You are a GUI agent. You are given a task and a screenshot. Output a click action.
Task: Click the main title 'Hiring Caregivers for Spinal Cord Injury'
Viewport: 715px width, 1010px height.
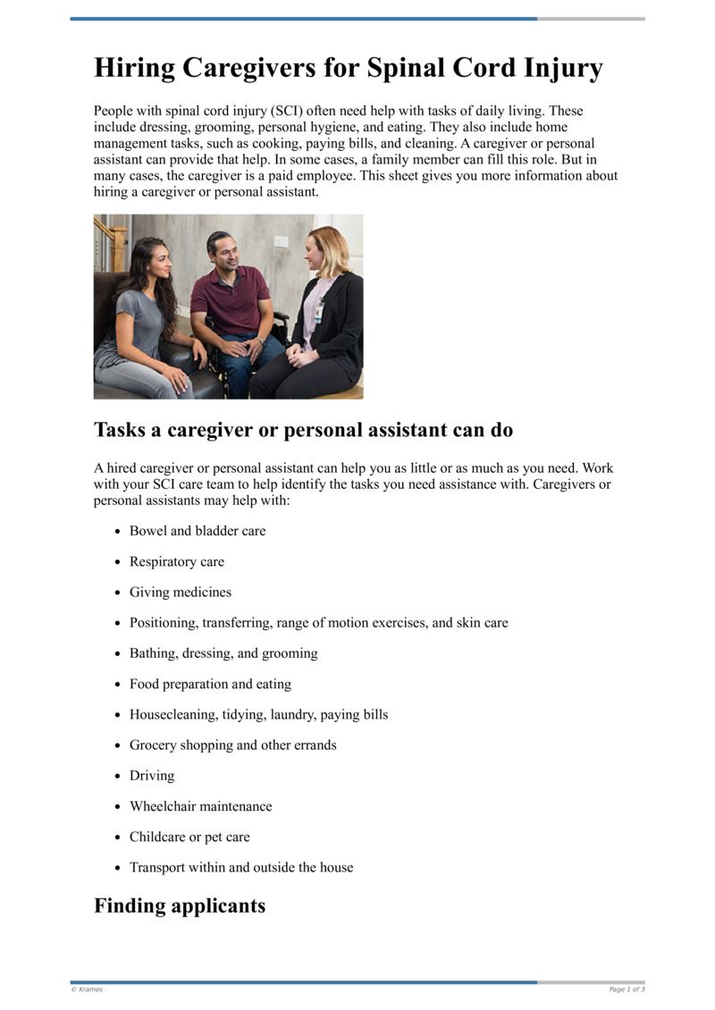[349, 69]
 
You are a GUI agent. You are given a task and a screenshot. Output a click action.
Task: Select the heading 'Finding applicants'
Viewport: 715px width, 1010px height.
[180, 905]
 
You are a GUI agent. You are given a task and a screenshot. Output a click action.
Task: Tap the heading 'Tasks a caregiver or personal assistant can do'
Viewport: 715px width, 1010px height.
[303, 430]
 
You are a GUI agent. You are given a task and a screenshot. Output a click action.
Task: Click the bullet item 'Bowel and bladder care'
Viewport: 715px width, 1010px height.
[198, 531]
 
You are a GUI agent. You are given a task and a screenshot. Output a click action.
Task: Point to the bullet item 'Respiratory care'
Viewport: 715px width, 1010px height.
[177, 561]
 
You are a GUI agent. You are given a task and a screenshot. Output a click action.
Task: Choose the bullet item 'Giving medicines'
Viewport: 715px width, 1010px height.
[181, 592]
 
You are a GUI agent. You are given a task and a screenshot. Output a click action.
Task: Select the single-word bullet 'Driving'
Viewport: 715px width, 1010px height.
[152, 776]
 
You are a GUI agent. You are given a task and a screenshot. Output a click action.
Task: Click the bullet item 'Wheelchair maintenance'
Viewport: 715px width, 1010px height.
[200, 806]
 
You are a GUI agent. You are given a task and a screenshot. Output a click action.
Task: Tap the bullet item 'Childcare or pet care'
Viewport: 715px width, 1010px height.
[189, 837]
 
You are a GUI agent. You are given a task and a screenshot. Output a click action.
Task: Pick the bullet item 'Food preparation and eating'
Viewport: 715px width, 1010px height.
[210, 684]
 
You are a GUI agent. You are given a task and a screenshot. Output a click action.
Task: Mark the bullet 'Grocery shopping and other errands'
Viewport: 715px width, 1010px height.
[233, 745]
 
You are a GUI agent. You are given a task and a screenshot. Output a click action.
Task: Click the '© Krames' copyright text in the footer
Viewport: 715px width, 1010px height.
[87, 989]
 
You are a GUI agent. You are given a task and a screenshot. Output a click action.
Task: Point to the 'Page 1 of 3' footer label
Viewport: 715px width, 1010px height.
[627, 989]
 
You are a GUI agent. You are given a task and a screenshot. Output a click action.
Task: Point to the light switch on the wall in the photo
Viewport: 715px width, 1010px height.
[281, 241]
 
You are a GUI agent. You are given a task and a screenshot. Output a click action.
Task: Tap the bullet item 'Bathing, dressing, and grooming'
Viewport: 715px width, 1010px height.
[223, 653]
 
